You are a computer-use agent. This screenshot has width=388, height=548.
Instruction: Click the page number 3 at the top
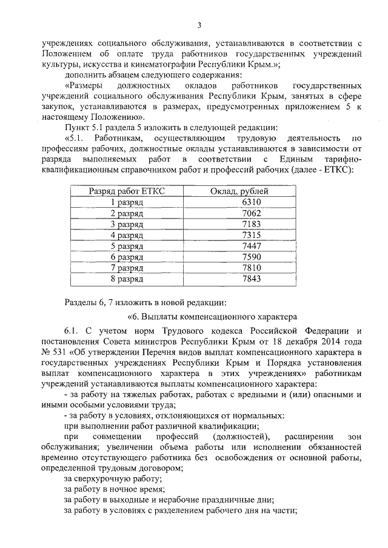[x=198, y=25]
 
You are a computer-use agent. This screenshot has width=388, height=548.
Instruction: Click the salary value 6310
[x=251, y=202]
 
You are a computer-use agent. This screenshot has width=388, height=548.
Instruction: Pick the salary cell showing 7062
[x=251, y=213]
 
